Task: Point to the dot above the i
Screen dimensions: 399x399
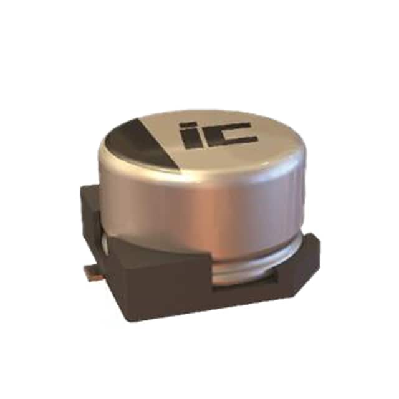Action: click(x=188, y=125)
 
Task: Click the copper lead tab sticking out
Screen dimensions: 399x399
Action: click(x=94, y=272)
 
